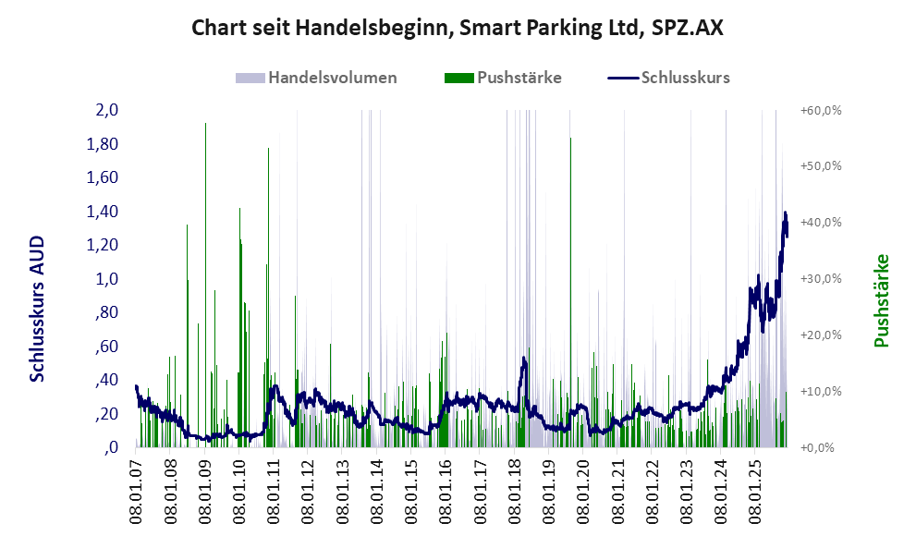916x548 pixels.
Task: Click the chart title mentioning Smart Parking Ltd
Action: [457, 29]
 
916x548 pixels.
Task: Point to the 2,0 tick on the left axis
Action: [107, 111]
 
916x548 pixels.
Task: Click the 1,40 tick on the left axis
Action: [104, 212]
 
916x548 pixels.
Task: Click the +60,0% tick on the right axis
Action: [820, 111]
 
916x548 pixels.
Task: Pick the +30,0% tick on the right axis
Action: [820, 279]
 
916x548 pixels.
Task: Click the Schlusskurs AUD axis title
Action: [38, 309]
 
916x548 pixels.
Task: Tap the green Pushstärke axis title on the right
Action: [882, 301]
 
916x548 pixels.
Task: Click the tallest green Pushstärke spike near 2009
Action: [205, 125]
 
